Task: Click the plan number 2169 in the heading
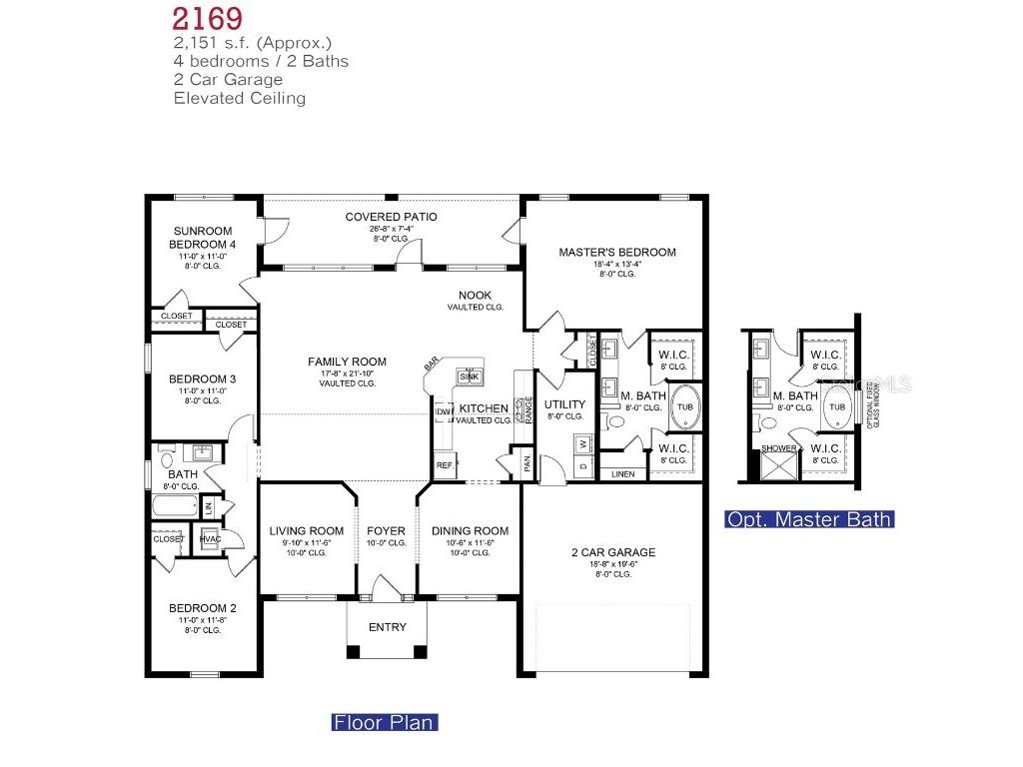pos(207,18)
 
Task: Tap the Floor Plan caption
pos(384,722)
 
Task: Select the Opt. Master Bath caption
pos(809,519)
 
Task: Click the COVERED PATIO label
pos(391,217)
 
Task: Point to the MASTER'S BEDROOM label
pos(616,253)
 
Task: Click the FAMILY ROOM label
pos(347,363)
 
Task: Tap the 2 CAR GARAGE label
pos(613,552)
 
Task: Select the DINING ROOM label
pos(470,531)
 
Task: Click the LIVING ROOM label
pos(307,531)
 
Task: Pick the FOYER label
pos(386,531)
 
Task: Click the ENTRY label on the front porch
pos(388,627)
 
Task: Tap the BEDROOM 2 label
pos(203,608)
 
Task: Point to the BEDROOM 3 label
pos(203,379)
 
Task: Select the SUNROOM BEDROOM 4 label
pos(203,237)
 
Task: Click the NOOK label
pos(475,295)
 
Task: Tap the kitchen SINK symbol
pos(470,376)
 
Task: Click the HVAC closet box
pos(210,539)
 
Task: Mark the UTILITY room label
pos(564,404)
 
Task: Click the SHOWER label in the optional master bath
pos(779,448)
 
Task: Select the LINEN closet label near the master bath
pos(622,473)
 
